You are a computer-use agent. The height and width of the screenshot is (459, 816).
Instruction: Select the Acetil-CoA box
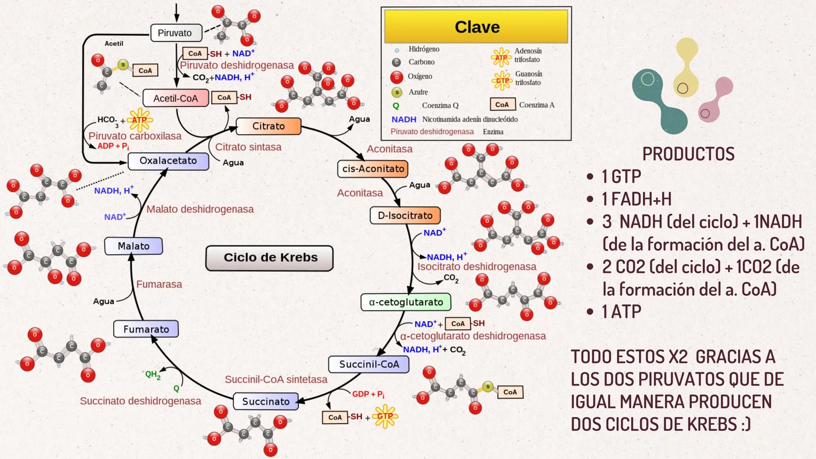[176, 98]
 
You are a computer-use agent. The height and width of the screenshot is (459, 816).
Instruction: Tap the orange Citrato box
[268, 126]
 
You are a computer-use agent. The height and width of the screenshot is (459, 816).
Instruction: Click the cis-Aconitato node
[373, 169]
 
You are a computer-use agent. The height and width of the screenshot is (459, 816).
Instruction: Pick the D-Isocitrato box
[405, 215]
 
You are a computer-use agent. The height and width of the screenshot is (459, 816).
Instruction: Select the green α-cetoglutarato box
[406, 302]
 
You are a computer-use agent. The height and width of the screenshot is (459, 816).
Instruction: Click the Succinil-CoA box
[369, 364]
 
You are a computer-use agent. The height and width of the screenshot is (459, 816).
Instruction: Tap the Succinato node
[266, 402]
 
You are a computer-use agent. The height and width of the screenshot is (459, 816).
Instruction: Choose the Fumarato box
[146, 329]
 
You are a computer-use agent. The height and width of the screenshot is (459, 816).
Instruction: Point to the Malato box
[134, 246]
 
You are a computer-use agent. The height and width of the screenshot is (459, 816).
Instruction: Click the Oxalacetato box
[168, 161]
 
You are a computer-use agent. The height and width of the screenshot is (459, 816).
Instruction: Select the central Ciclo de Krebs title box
[270, 258]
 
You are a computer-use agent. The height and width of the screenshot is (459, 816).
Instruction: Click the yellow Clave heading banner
[476, 27]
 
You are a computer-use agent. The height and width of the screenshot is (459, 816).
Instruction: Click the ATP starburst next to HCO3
[139, 120]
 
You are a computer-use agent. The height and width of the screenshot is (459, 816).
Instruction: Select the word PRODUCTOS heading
[688, 154]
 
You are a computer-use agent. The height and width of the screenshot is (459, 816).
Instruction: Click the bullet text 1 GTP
[621, 176]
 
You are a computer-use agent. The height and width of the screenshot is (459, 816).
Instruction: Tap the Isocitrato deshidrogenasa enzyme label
[477, 267]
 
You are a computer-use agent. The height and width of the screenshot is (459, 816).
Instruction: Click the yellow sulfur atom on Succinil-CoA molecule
[488, 386]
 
